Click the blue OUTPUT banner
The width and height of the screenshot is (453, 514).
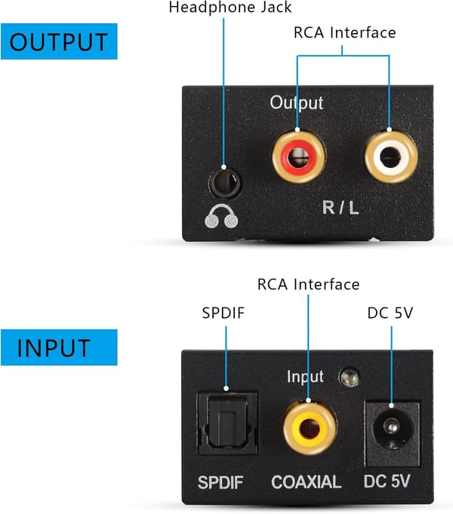click(59, 41)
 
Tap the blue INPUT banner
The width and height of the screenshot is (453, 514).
click(59, 347)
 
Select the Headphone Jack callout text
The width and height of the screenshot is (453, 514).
click(230, 8)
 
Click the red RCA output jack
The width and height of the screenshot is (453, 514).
click(299, 156)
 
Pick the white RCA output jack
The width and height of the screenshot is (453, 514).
click(391, 156)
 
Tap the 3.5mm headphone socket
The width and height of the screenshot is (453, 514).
click(225, 183)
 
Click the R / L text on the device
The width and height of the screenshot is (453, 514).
click(341, 207)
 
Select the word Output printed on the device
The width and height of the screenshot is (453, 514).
click(296, 103)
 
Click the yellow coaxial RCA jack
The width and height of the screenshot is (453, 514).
click(310, 428)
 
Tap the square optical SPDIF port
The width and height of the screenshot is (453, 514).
click(226, 424)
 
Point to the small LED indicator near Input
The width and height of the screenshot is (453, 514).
click(350, 377)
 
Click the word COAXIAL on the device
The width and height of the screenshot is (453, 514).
click(307, 482)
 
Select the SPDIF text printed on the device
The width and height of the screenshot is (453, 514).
click(220, 482)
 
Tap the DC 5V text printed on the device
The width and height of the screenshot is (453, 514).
click(387, 482)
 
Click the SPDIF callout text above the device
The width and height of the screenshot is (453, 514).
click(223, 313)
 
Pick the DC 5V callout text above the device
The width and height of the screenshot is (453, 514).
click(390, 313)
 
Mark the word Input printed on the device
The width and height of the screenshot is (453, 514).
click(305, 376)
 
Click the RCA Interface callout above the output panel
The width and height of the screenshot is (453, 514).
click(344, 32)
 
